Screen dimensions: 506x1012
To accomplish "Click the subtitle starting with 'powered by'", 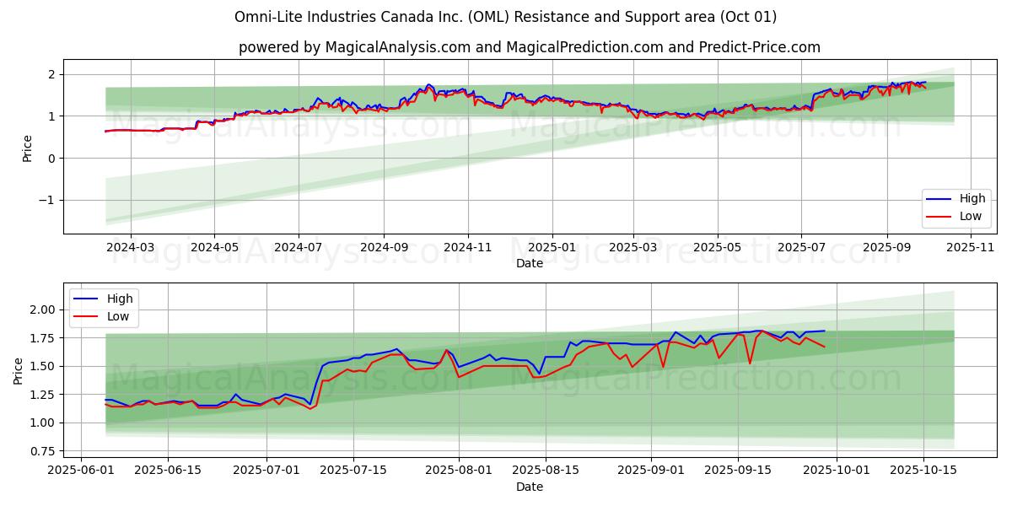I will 529,47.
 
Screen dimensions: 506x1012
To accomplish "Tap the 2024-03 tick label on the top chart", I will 131,248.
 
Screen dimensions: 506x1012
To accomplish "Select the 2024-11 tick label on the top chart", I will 467,248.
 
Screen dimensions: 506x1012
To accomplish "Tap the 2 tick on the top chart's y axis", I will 51,74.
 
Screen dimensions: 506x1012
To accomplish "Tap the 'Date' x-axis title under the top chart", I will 529,263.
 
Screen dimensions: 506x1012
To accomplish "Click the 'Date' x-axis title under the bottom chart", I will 529,487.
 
